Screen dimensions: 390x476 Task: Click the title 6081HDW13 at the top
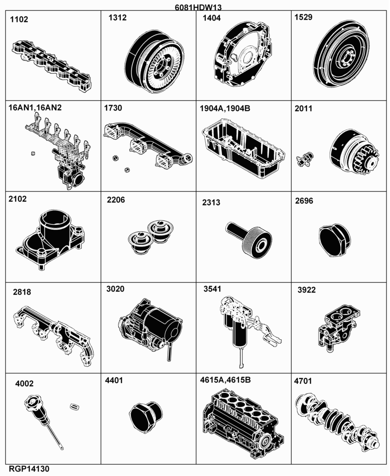click(x=198, y=7)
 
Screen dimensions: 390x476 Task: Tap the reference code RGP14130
click(x=29, y=469)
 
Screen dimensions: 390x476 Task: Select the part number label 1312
click(x=118, y=17)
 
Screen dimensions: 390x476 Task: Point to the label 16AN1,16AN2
click(x=35, y=108)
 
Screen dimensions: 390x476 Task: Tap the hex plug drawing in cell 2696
click(x=335, y=241)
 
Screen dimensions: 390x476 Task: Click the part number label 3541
click(x=212, y=289)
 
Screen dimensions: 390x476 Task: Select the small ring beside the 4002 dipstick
click(x=74, y=406)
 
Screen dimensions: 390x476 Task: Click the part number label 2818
click(x=22, y=292)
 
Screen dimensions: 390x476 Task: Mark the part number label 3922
click(x=306, y=290)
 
